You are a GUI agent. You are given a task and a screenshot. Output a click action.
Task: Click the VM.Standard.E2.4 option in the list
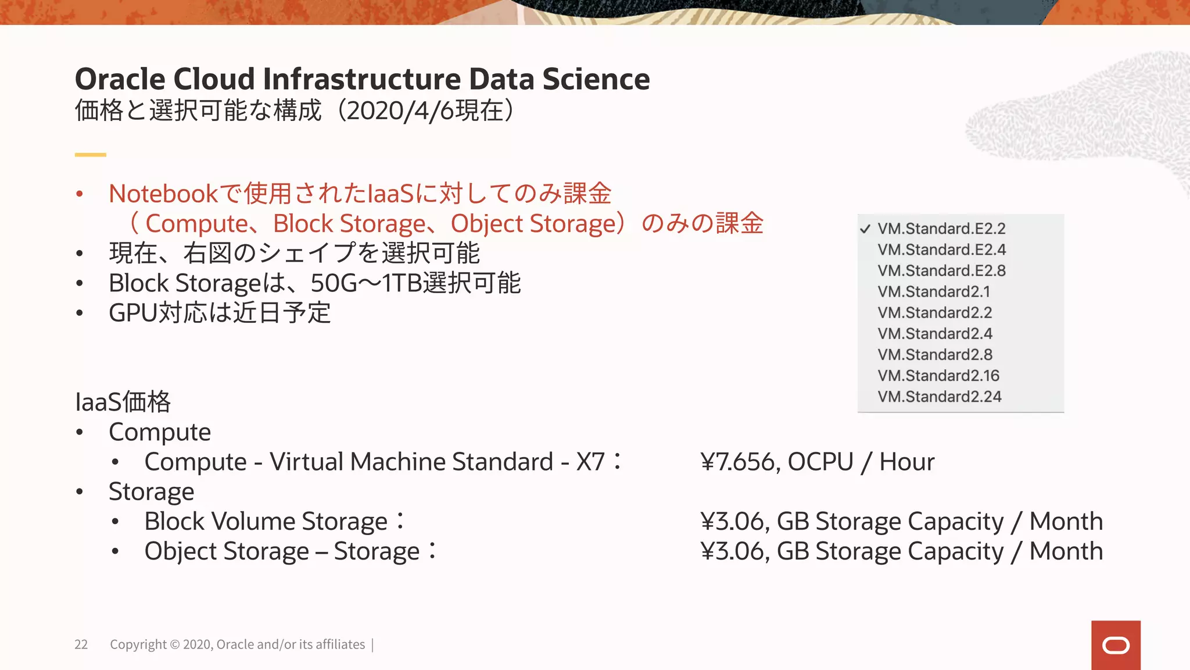tap(941, 250)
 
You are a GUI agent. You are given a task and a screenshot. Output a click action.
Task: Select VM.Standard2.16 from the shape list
tap(938, 376)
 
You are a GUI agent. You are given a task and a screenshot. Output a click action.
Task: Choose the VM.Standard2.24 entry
tap(940, 397)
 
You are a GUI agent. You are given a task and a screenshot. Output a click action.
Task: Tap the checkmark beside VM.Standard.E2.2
tap(865, 229)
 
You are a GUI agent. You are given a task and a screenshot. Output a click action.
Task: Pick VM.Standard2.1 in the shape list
tap(934, 291)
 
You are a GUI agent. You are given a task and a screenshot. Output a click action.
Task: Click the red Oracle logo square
tap(1116, 645)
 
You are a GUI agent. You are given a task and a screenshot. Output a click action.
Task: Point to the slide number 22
tap(81, 644)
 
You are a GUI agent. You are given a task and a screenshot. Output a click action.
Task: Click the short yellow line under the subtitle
tap(90, 155)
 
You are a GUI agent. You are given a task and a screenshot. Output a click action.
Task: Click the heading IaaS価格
tap(123, 402)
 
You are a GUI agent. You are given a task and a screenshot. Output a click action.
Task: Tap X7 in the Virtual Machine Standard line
tap(590, 462)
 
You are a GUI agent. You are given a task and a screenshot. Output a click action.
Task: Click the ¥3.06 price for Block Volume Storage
tap(734, 521)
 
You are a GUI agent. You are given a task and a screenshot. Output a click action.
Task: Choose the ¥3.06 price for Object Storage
tap(734, 551)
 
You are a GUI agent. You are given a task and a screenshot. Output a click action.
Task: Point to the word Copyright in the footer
tap(138, 644)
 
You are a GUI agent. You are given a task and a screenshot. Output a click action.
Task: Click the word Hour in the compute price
tap(906, 462)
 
